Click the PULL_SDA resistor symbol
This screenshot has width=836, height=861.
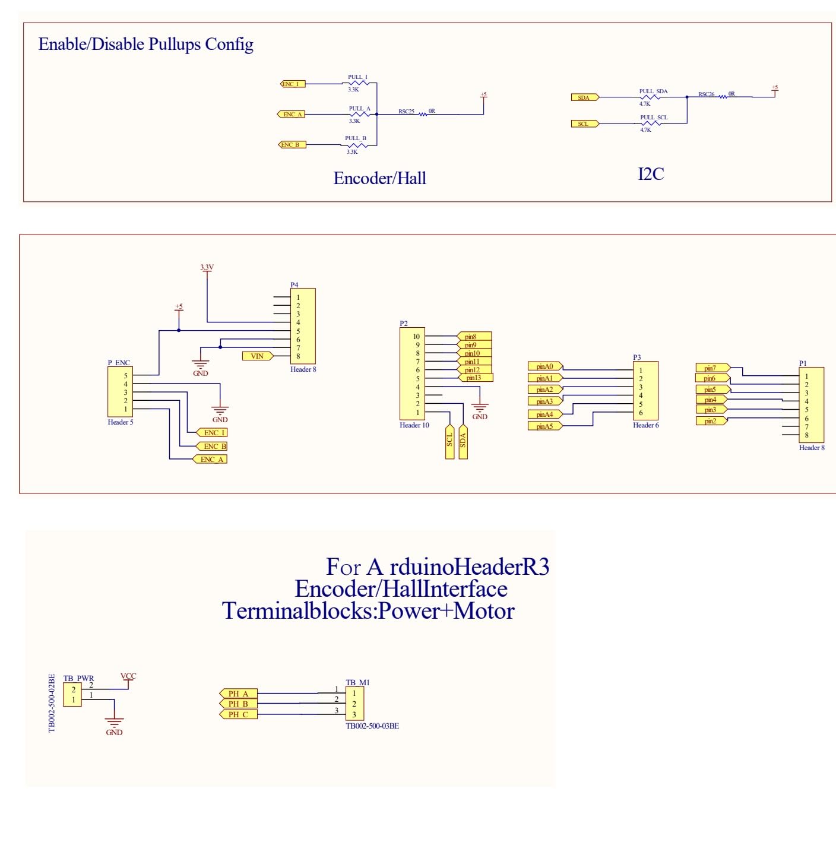[x=651, y=97]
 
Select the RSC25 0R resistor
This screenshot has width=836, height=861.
[x=423, y=114]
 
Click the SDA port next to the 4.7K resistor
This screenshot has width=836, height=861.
[x=585, y=97]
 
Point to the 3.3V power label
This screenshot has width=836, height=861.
[x=207, y=267]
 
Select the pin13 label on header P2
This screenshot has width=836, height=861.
[x=475, y=378]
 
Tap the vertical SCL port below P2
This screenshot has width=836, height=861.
[x=449, y=441]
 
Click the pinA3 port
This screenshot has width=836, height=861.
[x=545, y=401]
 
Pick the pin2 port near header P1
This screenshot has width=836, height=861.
[x=711, y=421]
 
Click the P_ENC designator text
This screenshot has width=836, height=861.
[x=119, y=362]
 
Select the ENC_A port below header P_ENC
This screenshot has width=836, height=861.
[x=211, y=459]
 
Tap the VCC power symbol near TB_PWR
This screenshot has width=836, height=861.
[x=128, y=676]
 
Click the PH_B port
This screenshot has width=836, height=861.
[x=239, y=704]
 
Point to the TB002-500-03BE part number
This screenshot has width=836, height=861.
[x=372, y=726]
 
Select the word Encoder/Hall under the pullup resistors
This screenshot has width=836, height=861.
[x=379, y=178]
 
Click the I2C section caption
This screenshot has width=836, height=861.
[x=651, y=174]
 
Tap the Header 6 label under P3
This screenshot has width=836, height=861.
[x=645, y=425]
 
